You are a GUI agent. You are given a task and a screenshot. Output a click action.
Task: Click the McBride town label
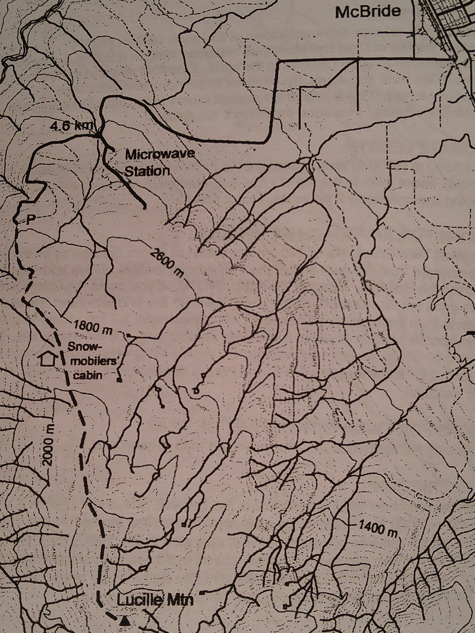pyautogui.click(x=368, y=11)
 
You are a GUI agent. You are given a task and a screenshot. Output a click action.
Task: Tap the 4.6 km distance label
pyautogui.click(x=72, y=127)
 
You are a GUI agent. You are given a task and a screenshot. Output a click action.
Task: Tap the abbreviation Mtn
pyautogui.click(x=180, y=600)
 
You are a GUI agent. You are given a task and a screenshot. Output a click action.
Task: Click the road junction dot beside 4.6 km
pyautogui.click(x=98, y=136)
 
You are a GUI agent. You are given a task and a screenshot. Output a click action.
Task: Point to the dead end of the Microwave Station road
pyautogui.click(x=144, y=207)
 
